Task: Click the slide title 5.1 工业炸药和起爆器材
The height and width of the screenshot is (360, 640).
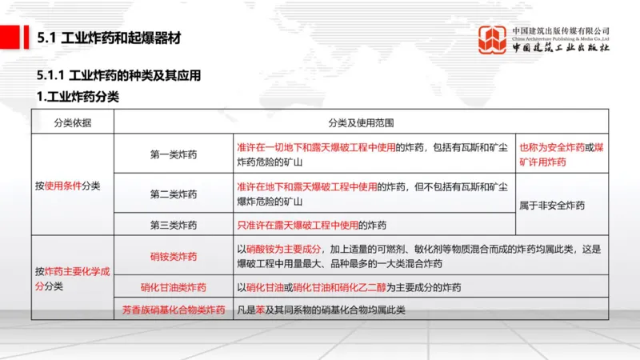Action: point(110,37)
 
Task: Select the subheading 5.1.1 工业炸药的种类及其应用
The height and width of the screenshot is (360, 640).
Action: point(118,76)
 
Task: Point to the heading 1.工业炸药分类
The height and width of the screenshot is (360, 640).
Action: point(78,97)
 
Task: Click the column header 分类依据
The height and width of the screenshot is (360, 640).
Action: point(73,122)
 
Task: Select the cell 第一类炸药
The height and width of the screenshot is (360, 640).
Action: point(174,154)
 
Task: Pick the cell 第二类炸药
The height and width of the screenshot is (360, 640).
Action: point(174,194)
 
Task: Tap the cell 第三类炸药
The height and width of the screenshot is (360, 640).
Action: point(174,225)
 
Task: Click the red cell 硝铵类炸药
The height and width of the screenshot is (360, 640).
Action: point(174,256)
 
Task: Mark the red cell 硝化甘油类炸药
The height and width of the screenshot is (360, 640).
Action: point(174,287)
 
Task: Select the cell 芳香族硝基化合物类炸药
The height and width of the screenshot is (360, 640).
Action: point(174,309)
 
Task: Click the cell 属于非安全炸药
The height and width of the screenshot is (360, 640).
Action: point(552,206)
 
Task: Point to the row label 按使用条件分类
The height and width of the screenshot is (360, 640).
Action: point(68,186)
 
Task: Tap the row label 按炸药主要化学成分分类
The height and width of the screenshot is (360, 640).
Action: point(71,278)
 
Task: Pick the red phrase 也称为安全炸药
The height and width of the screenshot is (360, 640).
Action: point(551,148)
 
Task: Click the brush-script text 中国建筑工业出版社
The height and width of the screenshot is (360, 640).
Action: point(561,47)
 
